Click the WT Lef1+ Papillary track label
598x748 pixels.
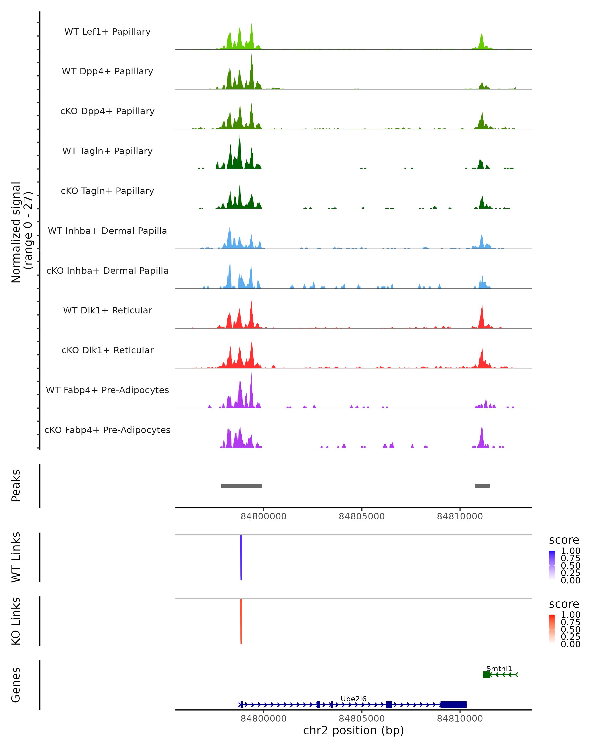click(x=107, y=32)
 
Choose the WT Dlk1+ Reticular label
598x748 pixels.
click(x=107, y=310)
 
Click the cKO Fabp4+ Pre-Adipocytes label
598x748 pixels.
click(x=107, y=430)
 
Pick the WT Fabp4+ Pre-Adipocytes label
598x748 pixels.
click(x=107, y=390)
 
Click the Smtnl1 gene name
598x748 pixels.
click(x=499, y=668)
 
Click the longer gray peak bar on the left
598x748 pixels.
click(x=242, y=486)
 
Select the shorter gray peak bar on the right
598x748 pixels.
click(x=482, y=486)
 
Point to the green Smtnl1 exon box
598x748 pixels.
click(x=487, y=674)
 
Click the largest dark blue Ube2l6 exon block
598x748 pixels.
click(x=453, y=705)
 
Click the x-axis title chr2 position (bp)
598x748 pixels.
click(x=353, y=730)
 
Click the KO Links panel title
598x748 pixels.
click(x=16, y=621)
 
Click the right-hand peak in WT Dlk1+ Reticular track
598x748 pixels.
click(x=482, y=317)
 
